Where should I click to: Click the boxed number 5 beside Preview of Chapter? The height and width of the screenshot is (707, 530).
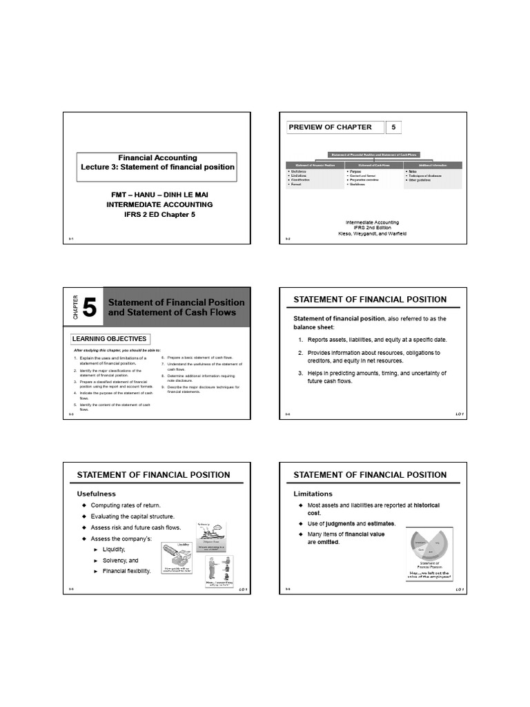(x=393, y=127)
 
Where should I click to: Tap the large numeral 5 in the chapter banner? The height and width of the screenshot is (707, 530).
(x=90, y=308)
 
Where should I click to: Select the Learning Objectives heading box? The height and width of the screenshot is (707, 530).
(x=110, y=339)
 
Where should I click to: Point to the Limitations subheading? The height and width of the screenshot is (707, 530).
(x=313, y=494)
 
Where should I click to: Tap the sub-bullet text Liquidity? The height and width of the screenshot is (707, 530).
(x=115, y=549)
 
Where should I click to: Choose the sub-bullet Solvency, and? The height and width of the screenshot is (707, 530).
(x=121, y=560)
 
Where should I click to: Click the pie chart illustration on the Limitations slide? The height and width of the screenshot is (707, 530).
(x=430, y=545)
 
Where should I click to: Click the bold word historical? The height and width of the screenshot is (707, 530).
(x=421, y=505)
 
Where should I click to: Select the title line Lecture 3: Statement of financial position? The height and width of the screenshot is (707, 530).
(x=157, y=167)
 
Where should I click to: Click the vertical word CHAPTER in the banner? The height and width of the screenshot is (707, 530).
(x=75, y=308)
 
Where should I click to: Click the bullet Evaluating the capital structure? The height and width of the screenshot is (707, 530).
(x=132, y=516)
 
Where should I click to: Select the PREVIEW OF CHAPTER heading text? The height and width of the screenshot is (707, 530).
(x=330, y=127)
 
